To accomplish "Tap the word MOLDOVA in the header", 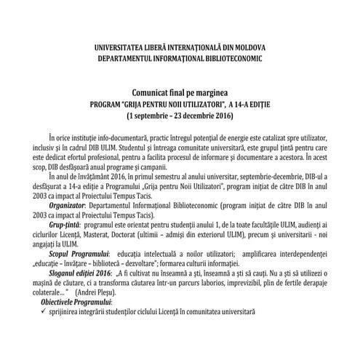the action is (x=249, y=47).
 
